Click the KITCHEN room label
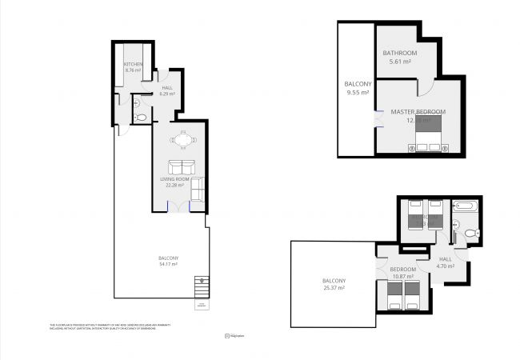click(x=132, y=63)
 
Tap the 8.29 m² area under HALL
click(x=167, y=94)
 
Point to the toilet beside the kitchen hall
click(x=142, y=118)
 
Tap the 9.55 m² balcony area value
click(x=356, y=93)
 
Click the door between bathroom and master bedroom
click(x=427, y=86)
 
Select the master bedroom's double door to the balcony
click(x=375, y=118)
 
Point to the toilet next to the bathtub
click(x=470, y=233)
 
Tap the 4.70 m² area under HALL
click(x=446, y=266)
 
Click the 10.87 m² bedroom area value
click(x=402, y=277)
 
